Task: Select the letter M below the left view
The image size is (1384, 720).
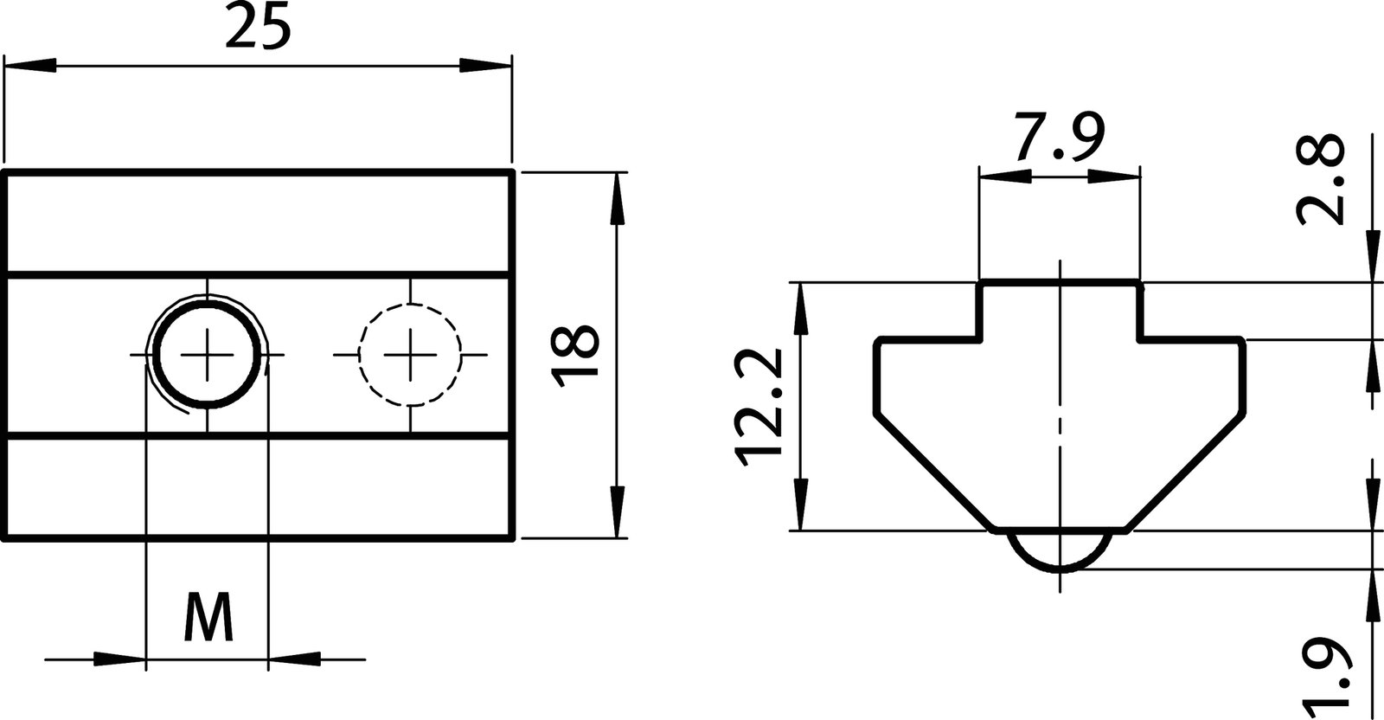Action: coord(208,617)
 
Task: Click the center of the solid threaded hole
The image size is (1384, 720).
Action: coord(208,355)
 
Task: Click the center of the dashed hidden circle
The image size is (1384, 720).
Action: coord(411,355)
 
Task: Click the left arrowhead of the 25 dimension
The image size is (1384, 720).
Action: coord(30,66)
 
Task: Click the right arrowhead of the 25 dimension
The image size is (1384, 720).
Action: coord(485,66)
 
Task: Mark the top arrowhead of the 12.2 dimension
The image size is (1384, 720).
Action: coord(802,308)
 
